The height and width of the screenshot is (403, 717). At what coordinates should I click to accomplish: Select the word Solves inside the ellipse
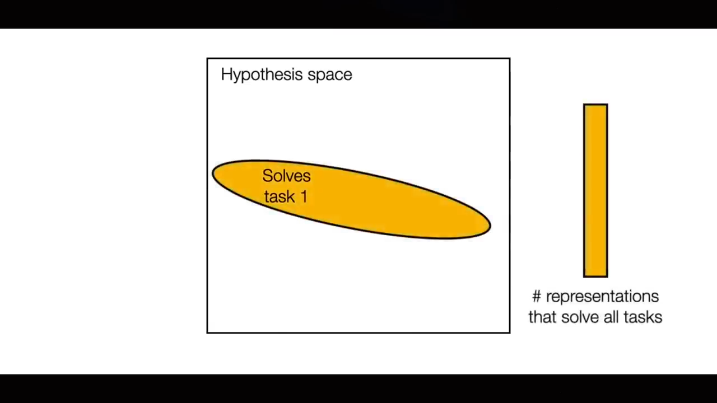tap(286, 176)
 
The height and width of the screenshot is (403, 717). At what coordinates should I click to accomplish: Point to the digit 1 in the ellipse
tap(304, 196)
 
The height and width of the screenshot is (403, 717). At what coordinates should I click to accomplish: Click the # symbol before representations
tap(537, 297)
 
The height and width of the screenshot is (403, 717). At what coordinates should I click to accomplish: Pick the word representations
tap(602, 297)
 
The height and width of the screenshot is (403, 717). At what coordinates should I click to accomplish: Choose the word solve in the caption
tap(580, 317)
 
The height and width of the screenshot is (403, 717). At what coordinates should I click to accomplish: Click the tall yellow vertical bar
tap(595, 190)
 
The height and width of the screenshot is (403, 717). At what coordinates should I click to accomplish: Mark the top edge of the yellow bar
tap(595, 105)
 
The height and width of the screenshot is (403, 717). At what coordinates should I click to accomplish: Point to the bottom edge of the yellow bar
tap(595, 277)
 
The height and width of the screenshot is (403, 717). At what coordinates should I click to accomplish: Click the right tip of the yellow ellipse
tap(490, 225)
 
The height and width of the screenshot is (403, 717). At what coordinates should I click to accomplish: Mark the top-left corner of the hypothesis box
tap(207, 59)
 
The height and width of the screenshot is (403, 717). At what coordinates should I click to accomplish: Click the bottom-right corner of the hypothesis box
tap(510, 333)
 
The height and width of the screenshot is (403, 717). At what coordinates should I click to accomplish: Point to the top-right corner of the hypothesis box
tap(510, 59)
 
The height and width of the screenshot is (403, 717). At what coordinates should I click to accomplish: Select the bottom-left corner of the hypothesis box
tap(207, 333)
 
